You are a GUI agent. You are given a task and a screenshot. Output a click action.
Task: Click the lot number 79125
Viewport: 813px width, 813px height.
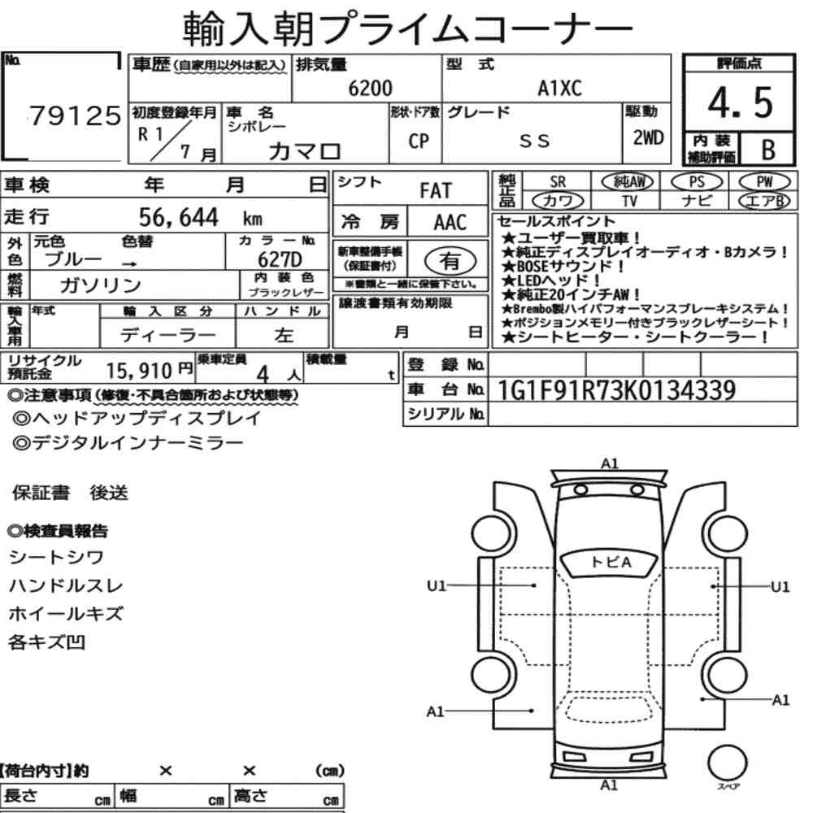pyautogui.click(x=75, y=115)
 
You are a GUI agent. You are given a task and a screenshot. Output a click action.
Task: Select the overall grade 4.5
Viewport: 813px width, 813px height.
pyautogui.click(x=740, y=102)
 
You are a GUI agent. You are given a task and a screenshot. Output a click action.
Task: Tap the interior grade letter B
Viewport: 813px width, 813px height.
pyautogui.click(x=768, y=150)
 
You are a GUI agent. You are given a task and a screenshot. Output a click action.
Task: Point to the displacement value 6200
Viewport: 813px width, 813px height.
pyautogui.click(x=370, y=88)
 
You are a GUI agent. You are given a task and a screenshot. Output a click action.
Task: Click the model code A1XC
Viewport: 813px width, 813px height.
pyautogui.click(x=559, y=88)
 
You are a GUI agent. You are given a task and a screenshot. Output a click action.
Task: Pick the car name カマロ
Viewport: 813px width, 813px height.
pyautogui.click(x=305, y=151)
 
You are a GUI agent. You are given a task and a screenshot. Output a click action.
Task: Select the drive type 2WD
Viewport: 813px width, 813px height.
pyautogui.click(x=648, y=137)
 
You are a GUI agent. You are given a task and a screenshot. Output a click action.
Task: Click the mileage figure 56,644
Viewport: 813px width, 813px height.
pyautogui.click(x=178, y=217)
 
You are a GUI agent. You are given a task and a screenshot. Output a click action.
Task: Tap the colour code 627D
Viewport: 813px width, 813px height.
pyautogui.click(x=280, y=259)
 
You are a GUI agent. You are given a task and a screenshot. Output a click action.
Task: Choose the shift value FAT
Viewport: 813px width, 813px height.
pyautogui.click(x=436, y=191)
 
